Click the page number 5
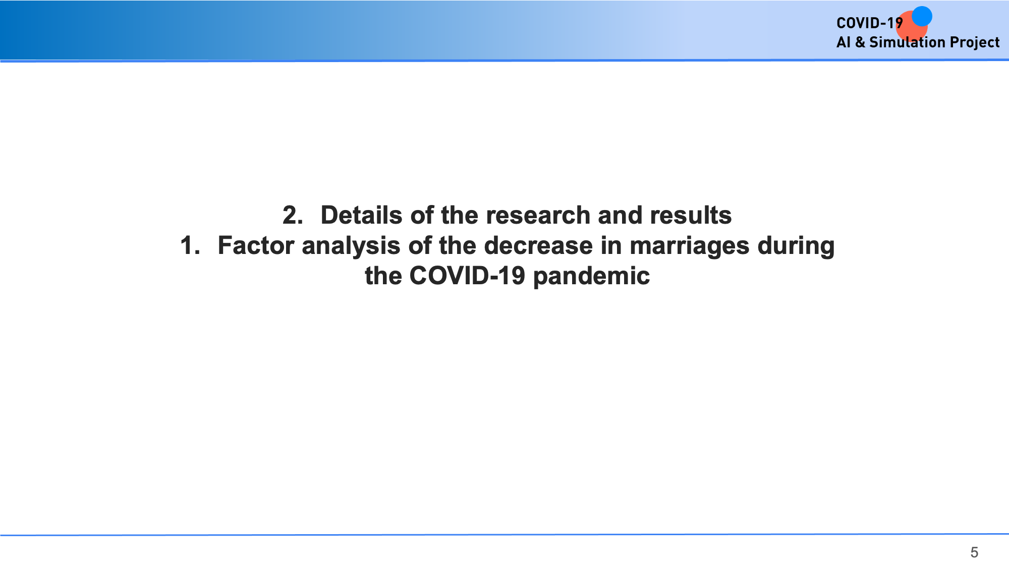point(974,552)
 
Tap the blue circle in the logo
point(922,16)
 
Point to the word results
point(691,215)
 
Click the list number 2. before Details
point(293,215)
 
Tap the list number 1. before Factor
point(190,245)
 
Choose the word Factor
point(256,245)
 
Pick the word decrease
point(538,245)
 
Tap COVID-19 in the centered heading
point(467,276)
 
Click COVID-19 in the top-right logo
point(870,23)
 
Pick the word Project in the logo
point(975,42)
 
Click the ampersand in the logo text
point(860,42)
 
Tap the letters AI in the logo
point(844,42)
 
